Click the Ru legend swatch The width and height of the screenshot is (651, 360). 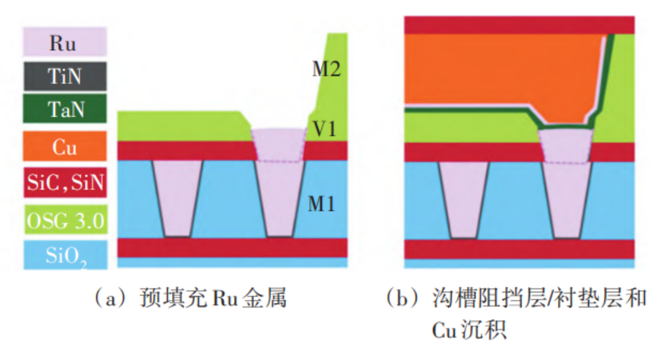click(65, 43)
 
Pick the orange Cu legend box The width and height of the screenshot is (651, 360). click(65, 148)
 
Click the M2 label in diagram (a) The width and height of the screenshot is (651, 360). click(326, 68)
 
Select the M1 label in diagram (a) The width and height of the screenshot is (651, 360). click(323, 203)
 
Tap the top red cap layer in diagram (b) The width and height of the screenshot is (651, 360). click(519, 25)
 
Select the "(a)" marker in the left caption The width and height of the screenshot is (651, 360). click(104, 299)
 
